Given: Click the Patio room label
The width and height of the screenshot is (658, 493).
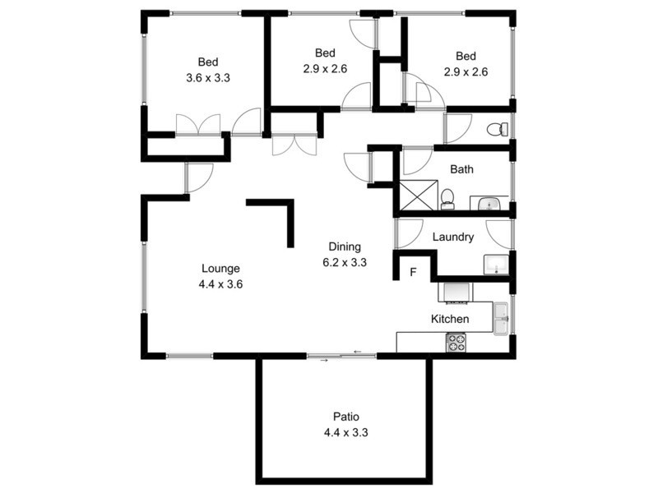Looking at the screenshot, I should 345,416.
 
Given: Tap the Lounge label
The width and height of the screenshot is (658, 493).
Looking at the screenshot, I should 220,268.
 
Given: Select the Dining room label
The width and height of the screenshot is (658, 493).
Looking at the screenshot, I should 345,246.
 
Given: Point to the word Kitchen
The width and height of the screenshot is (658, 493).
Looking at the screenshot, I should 450,319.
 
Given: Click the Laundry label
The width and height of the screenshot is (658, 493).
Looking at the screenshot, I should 453,237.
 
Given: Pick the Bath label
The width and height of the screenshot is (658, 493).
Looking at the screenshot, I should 461,170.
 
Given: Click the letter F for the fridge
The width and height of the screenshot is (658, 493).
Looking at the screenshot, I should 414,272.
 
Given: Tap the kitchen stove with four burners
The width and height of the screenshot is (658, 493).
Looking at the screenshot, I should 456,343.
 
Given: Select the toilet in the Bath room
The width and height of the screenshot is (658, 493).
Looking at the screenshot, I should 447,198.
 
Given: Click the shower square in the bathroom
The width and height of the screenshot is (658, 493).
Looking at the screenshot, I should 417,195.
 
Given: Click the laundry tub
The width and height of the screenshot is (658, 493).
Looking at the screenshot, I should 496,265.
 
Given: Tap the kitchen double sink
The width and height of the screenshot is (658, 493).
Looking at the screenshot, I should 501,319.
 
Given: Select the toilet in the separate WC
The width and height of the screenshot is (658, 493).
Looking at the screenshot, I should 497,129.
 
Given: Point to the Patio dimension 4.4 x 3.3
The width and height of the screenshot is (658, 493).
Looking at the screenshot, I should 345,431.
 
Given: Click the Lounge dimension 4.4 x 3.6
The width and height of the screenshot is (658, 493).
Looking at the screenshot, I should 220,283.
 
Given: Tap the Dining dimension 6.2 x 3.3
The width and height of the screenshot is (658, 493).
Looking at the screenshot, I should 345,263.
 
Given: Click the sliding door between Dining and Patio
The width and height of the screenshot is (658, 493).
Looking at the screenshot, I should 341,356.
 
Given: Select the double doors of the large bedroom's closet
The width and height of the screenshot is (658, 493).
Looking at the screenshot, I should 198,125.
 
